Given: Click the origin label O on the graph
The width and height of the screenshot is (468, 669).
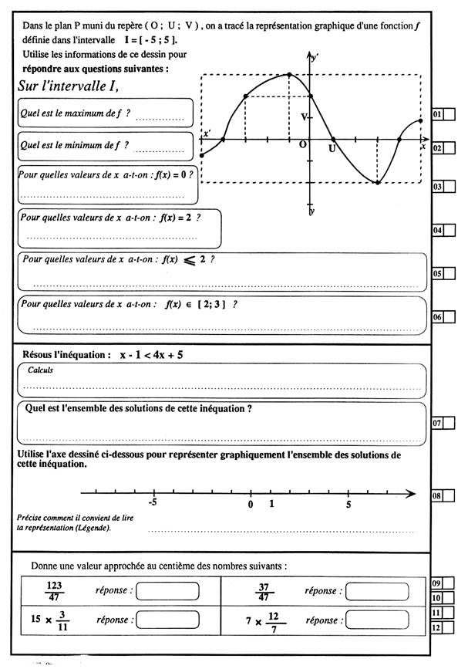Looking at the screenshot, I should tap(302, 145).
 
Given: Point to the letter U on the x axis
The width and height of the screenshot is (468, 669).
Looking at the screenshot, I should tap(332, 147).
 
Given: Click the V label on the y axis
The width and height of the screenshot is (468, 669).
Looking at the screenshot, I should tap(305, 117).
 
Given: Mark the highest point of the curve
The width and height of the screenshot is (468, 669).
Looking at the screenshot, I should tap(288, 75).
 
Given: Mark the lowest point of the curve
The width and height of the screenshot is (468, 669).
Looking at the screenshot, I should tap(377, 183).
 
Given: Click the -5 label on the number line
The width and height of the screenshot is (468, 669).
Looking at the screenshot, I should tap(153, 505).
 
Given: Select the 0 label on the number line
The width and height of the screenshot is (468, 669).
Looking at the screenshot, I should tap(251, 505).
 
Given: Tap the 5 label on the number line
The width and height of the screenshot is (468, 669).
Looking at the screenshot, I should tap(348, 505).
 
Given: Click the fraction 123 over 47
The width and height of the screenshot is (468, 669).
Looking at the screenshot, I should tap(54, 591).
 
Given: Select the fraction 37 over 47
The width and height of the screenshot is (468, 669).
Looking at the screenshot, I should tap(264, 591).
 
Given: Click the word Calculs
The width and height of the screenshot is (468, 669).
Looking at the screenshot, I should tap(40, 370).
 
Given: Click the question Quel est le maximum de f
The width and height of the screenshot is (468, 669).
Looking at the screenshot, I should tap(74, 113).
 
